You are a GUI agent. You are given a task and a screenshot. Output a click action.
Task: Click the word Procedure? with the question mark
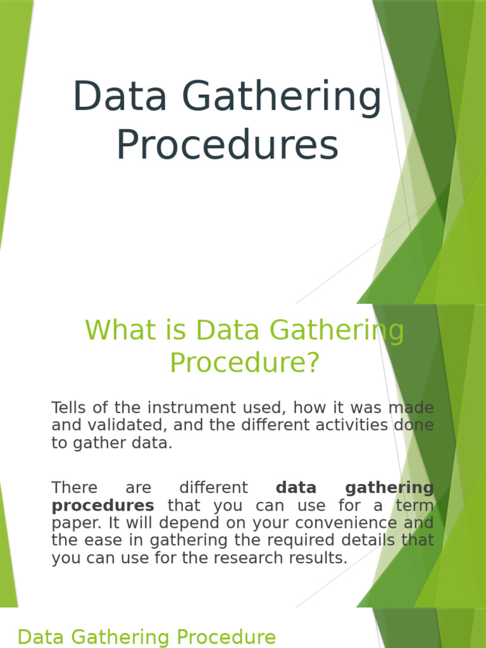point(245,363)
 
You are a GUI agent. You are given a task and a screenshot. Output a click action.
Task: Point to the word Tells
point(69,408)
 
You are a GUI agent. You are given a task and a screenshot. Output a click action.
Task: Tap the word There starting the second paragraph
point(75,488)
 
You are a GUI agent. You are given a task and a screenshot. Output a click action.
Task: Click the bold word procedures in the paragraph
point(103,506)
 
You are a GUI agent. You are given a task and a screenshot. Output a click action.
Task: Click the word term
point(415,506)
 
